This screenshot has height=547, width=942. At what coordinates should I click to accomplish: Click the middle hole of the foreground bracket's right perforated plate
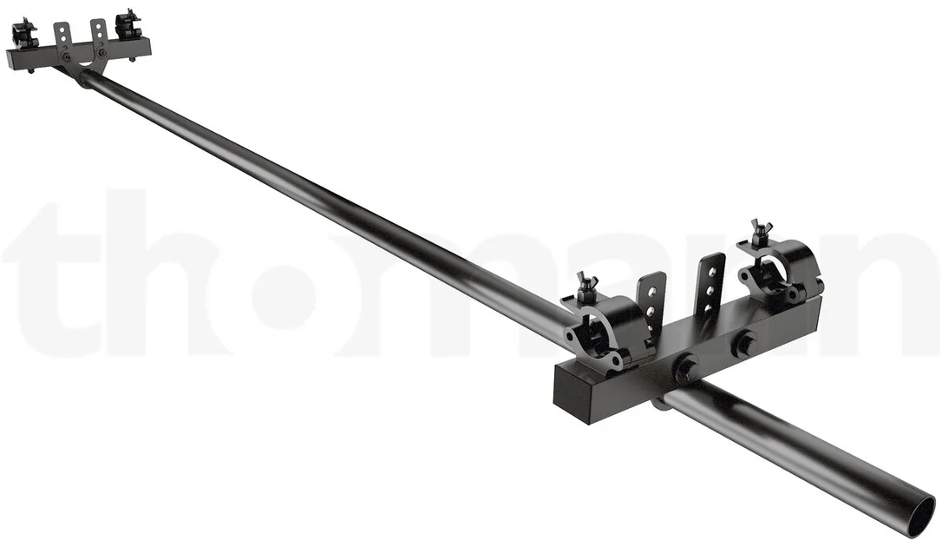pyautogui.click(x=712, y=287)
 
